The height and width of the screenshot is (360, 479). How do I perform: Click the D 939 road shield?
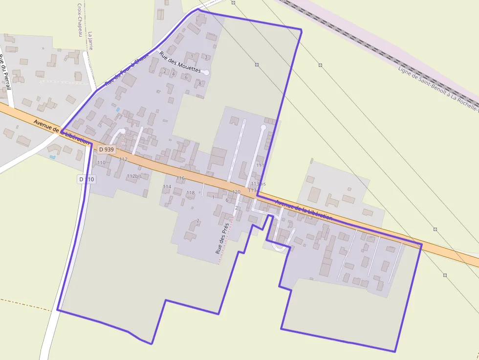pyautogui.click(x=106, y=149)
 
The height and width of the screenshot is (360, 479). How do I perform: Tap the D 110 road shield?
pyautogui.click(x=87, y=180)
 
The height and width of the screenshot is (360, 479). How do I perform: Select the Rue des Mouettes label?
pyautogui.click(x=180, y=62)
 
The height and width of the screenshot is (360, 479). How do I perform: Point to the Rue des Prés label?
pyautogui.click(x=222, y=238)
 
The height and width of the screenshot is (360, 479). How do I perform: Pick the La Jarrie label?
pyautogui.click(x=90, y=41)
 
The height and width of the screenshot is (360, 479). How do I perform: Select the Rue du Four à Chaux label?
pyautogui.click(x=127, y=71)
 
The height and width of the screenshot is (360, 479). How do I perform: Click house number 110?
pyautogui.click(x=101, y=163)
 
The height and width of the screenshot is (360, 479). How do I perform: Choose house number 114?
pyautogui.click(x=167, y=187)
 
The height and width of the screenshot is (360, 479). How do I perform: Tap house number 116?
pyautogui.click(x=181, y=178)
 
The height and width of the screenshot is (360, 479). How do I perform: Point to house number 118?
pyautogui.click(x=190, y=193)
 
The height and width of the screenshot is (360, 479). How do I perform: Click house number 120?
pyautogui.click(x=236, y=192)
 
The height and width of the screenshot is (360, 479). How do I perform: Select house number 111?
pyautogui.click(x=260, y=165)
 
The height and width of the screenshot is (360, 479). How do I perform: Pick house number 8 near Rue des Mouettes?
pyautogui.click(x=199, y=83)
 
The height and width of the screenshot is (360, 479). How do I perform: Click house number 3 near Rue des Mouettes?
pyautogui.click(x=206, y=57)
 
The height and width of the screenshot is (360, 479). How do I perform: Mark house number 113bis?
pyautogui.click(x=258, y=184)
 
